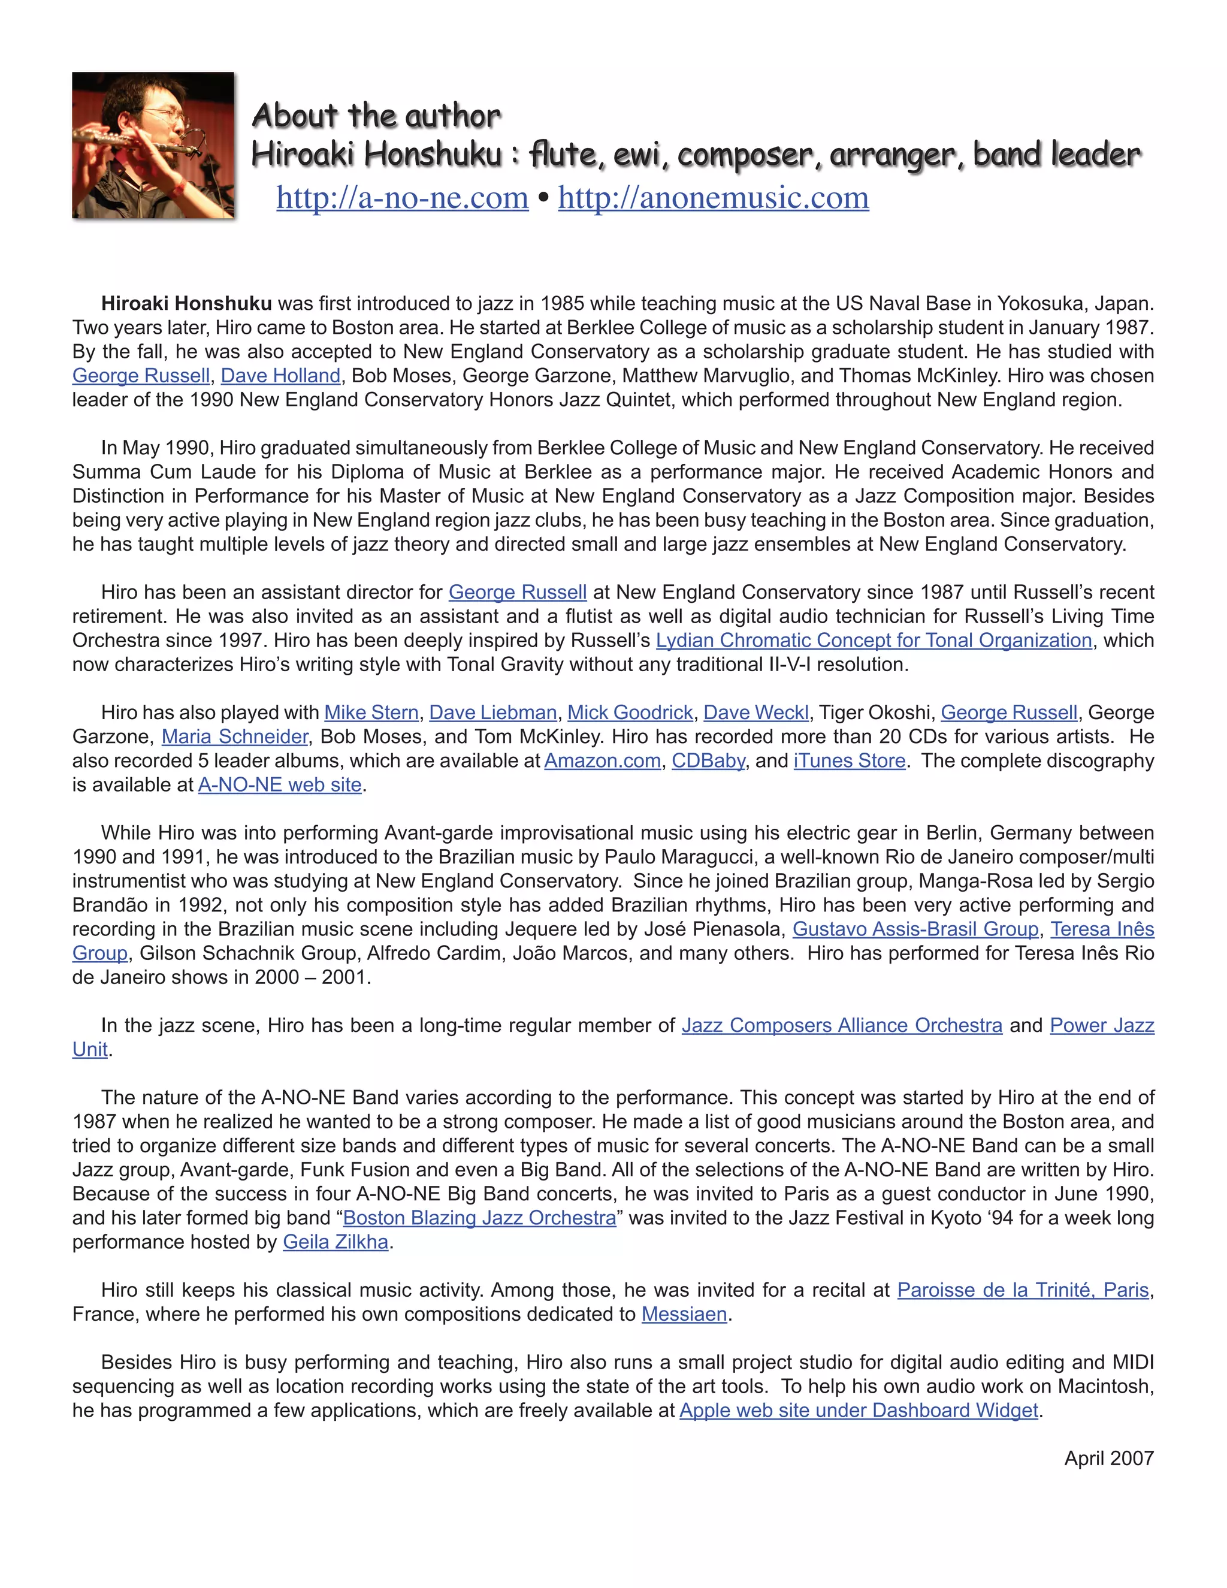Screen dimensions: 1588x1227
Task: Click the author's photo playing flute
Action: [153, 144]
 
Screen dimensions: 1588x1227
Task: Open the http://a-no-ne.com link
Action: [402, 198]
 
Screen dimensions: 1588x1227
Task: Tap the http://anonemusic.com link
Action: [713, 198]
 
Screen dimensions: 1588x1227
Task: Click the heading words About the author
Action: [376, 116]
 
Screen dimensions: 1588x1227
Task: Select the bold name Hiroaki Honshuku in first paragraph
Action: [187, 303]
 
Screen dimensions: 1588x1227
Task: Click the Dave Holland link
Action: [280, 376]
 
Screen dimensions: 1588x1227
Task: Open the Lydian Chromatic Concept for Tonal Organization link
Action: [874, 641]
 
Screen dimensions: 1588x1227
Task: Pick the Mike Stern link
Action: [371, 713]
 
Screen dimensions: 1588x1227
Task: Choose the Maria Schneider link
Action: [235, 736]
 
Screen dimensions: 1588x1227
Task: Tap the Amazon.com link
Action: [603, 760]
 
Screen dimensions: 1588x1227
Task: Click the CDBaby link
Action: [708, 760]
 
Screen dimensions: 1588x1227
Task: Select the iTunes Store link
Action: [849, 760]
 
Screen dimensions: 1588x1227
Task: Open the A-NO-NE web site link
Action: [280, 784]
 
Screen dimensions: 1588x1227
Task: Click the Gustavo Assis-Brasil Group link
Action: [915, 929]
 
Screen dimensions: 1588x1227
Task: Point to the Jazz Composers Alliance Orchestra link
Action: [842, 1025]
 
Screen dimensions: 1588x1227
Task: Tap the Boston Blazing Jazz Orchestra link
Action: [479, 1218]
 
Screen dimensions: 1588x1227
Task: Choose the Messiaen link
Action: [684, 1314]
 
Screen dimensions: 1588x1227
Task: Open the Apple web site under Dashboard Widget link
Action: [859, 1410]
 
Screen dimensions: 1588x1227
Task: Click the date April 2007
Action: [1108, 1459]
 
